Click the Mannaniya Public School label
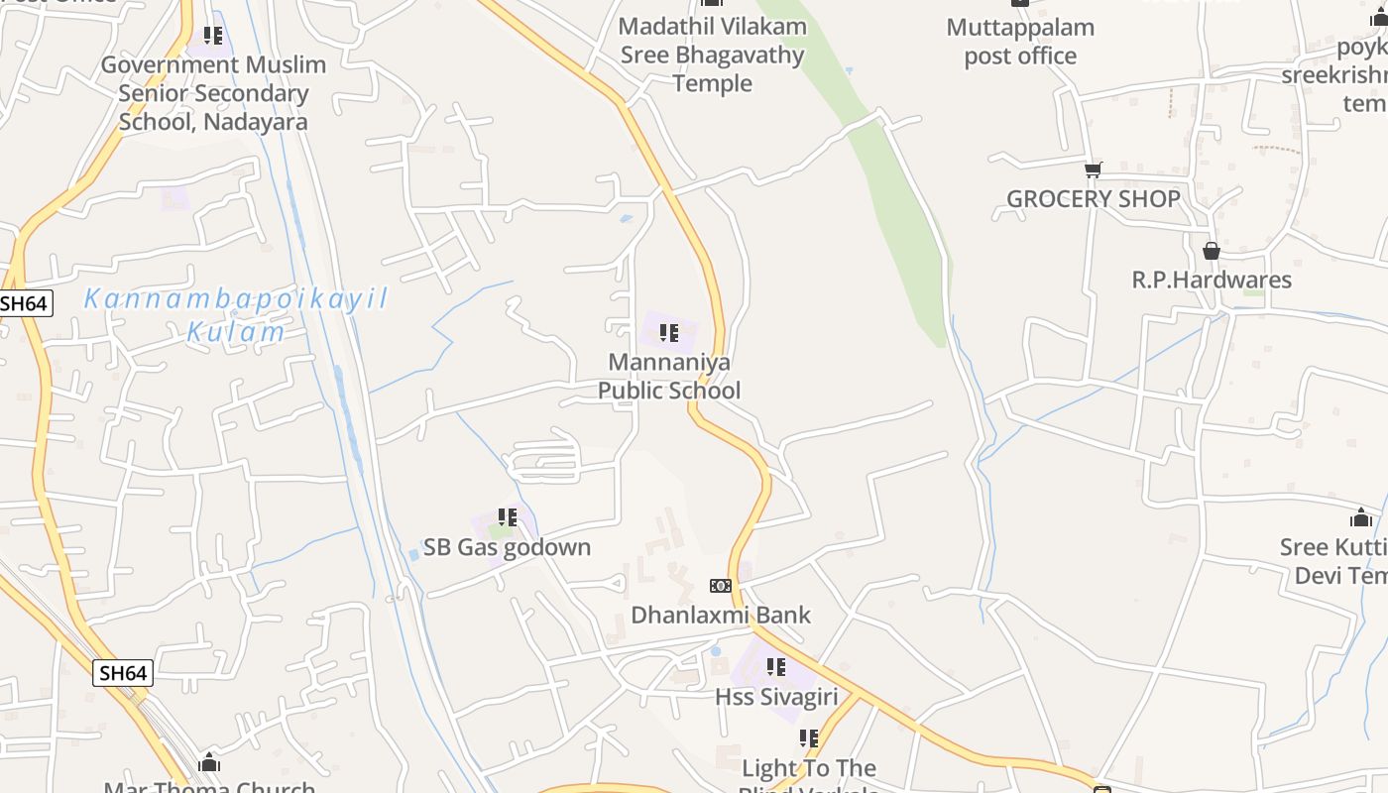(668, 377)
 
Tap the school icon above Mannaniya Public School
(669, 333)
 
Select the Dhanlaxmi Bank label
(721, 615)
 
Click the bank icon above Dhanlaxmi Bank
(721, 586)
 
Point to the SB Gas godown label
(507, 547)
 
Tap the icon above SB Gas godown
(508, 517)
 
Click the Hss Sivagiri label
(776, 697)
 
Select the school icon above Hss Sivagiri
(776, 667)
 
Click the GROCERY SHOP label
(1093, 198)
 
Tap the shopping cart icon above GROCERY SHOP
(1093, 170)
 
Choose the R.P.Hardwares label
(1212, 280)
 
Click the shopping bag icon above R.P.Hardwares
(1211, 251)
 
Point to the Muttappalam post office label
(1020, 42)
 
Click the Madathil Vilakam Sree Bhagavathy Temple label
(712, 55)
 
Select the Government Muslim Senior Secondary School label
(213, 93)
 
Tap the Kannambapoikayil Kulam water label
(236, 314)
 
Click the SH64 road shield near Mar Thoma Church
(124, 673)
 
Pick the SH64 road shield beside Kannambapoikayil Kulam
(24, 303)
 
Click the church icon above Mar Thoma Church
(209, 763)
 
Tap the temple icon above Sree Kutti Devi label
(1361, 517)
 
